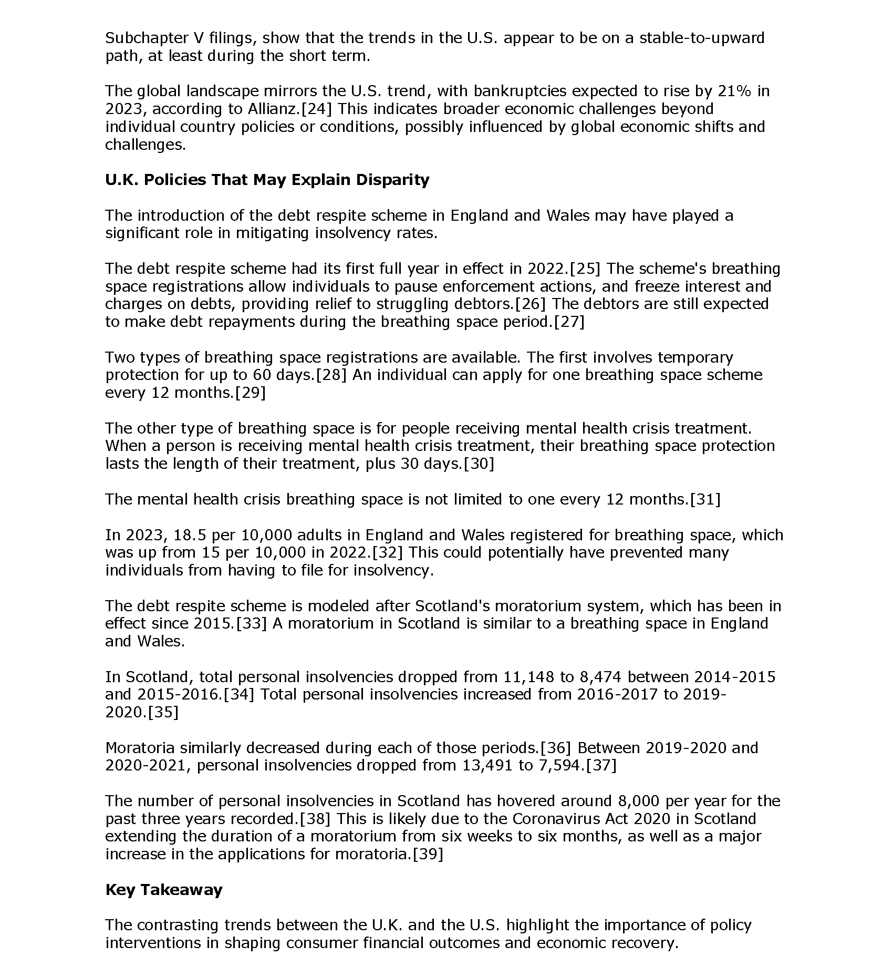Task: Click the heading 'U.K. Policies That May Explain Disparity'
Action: (267, 180)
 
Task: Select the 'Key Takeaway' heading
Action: (163, 890)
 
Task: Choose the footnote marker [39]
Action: (428, 854)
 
